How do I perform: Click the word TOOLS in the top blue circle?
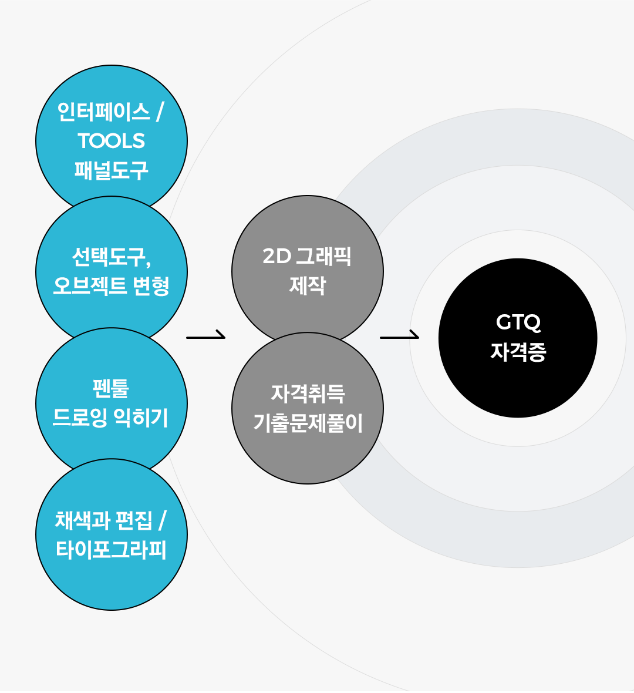click(x=112, y=141)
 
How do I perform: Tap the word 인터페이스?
click(x=103, y=112)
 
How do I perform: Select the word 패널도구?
click(x=112, y=170)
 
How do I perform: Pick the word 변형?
click(x=151, y=285)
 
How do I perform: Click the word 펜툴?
click(x=111, y=388)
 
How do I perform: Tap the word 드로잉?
click(x=80, y=417)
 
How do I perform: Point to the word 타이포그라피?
click(x=111, y=549)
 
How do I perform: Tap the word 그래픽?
click(x=323, y=256)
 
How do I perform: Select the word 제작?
click(x=308, y=285)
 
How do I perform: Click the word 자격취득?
click(x=308, y=393)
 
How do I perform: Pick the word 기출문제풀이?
click(x=308, y=422)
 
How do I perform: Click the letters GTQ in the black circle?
click(x=518, y=322)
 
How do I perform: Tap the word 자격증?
click(x=518, y=352)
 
